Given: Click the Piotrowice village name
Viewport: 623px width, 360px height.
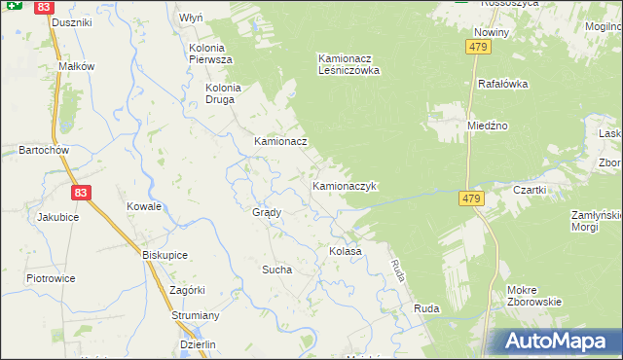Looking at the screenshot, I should (x=52, y=278).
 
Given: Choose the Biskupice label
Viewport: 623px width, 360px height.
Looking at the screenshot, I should (x=165, y=255).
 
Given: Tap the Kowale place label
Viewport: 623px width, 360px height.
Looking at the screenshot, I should (x=144, y=206).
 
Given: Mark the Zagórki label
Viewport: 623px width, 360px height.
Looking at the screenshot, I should (x=186, y=290).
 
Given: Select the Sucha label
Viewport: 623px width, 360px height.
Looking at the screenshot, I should (x=276, y=270).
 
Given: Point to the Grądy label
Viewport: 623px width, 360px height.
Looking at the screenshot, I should (x=267, y=212).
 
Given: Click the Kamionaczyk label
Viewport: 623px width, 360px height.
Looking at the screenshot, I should (x=344, y=185).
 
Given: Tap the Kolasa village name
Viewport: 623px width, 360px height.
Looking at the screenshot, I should (x=346, y=251).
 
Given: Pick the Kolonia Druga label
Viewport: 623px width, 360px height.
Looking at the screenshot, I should (x=222, y=92).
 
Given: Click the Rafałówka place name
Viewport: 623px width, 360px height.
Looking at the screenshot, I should (x=502, y=84).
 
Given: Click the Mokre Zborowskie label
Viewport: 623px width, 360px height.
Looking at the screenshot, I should (x=534, y=296).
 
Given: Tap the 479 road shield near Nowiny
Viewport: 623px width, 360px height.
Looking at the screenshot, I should (x=477, y=48).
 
